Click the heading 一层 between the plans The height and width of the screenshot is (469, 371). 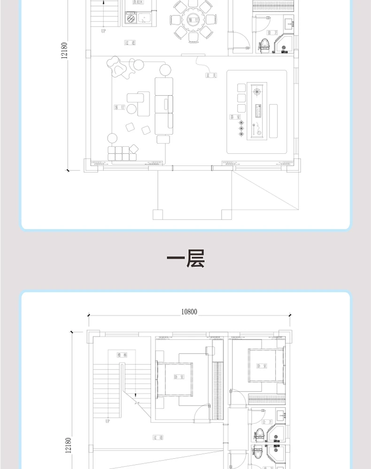(186, 259)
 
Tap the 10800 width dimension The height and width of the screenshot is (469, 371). (189, 311)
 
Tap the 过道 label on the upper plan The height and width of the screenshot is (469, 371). (130, 42)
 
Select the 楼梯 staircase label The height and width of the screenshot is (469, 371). (122, 355)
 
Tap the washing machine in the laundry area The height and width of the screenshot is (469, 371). (130, 19)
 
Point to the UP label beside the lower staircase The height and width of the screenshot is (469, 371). (108, 421)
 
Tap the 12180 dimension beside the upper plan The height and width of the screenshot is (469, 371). (64, 50)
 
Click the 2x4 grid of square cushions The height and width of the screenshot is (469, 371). (122, 153)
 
